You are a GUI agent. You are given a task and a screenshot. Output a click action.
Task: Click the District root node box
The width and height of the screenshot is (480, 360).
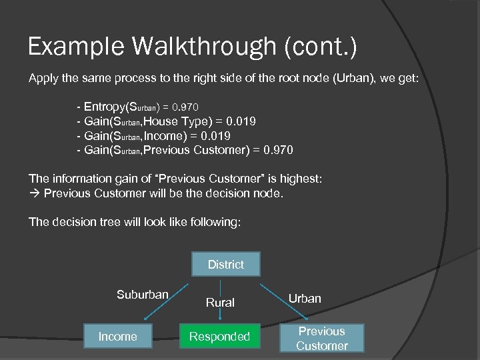[x=225, y=265]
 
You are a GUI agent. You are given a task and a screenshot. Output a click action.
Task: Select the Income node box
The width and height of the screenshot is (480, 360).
[x=117, y=337]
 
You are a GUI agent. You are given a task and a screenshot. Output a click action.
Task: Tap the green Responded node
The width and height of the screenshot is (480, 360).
[x=219, y=337]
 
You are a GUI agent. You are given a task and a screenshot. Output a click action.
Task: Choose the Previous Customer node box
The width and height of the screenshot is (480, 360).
[x=322, y=338]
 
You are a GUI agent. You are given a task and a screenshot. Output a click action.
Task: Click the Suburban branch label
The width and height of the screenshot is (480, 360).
[x=142, y=295]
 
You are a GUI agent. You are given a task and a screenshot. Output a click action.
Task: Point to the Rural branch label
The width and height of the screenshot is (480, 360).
[x=220, y=303]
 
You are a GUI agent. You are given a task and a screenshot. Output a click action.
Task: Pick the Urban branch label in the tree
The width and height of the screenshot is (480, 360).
[x=305, y=298]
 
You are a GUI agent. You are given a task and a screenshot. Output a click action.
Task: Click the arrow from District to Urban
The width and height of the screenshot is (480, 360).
[x=275, y=291]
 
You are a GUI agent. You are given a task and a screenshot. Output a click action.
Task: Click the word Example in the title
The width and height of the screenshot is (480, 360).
[x=66, y=47]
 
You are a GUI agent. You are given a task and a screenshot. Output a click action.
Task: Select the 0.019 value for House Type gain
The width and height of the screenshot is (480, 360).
[x=241, y=121]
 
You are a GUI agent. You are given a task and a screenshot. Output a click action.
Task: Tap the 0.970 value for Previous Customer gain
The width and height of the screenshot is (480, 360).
[x=277, y=150]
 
